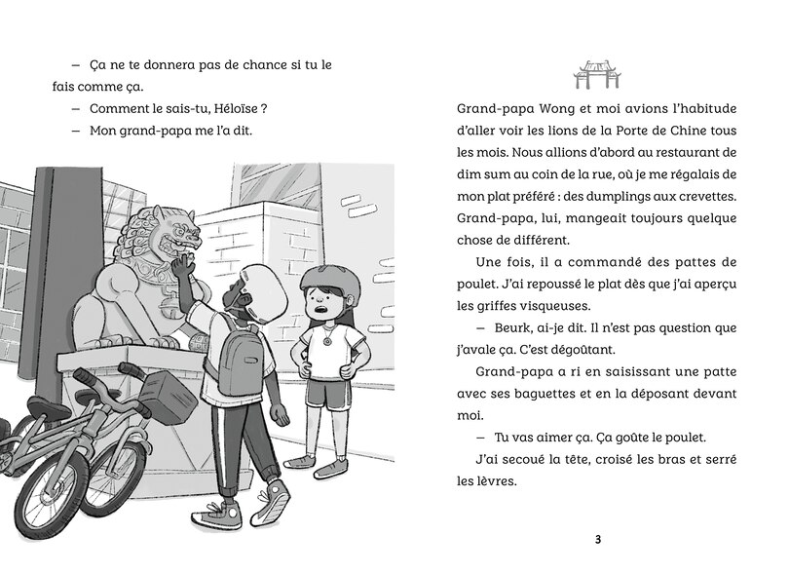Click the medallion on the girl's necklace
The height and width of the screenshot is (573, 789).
[x=327, y=340]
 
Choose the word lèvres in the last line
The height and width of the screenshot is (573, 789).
[x=478, y=481]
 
